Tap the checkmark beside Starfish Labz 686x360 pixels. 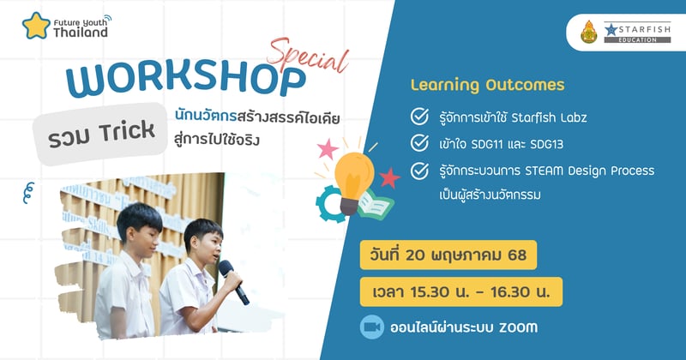click(x=420, y=116)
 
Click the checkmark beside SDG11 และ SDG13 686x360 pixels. click(x=420, y=142)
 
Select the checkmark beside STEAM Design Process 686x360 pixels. click(x=420, y=171)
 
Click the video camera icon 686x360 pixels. click(x=373, y=327)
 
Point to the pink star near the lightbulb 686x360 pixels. click(x=326, y=150)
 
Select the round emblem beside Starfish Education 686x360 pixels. click(x=587, y=33)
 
